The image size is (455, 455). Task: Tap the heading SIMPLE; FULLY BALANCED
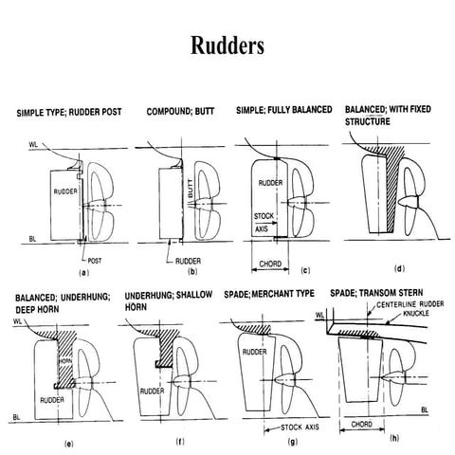(284, 112)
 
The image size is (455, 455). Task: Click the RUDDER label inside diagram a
(65, 191)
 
